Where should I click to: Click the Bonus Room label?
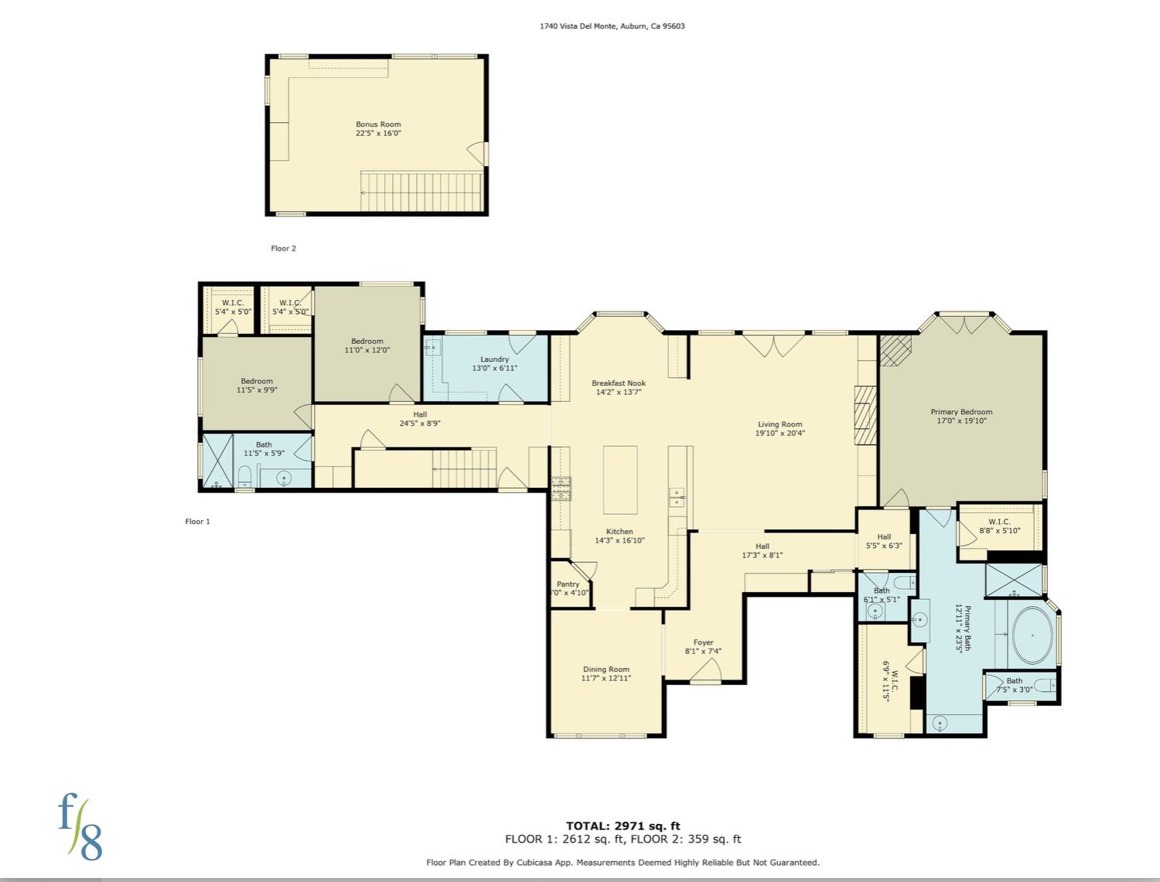coord(378,124)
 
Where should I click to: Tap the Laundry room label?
coord(494,359)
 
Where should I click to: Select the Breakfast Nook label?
coord(619,383)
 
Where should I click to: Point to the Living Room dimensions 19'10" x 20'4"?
coord(780,433)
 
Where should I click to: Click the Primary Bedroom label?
coord(961,412)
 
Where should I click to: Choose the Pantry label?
coord(568,584)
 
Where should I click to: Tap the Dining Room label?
coord(606,669)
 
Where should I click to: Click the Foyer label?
coord(704,642)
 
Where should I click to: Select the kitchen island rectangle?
coord(620,480)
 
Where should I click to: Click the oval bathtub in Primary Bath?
coord(1032,636)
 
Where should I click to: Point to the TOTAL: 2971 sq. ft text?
coord(623,826)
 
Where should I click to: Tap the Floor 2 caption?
coord(283,248)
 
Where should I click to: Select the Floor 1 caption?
coord(198,521)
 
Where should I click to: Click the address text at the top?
coord(612,26)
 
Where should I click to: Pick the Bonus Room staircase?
coord(421,191)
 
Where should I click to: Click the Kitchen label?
coord(619,531)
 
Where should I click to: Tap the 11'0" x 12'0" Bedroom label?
coord(367,346)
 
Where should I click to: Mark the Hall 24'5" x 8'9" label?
coord(420,419)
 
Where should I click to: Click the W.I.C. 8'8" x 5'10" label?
coord(999,526)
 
